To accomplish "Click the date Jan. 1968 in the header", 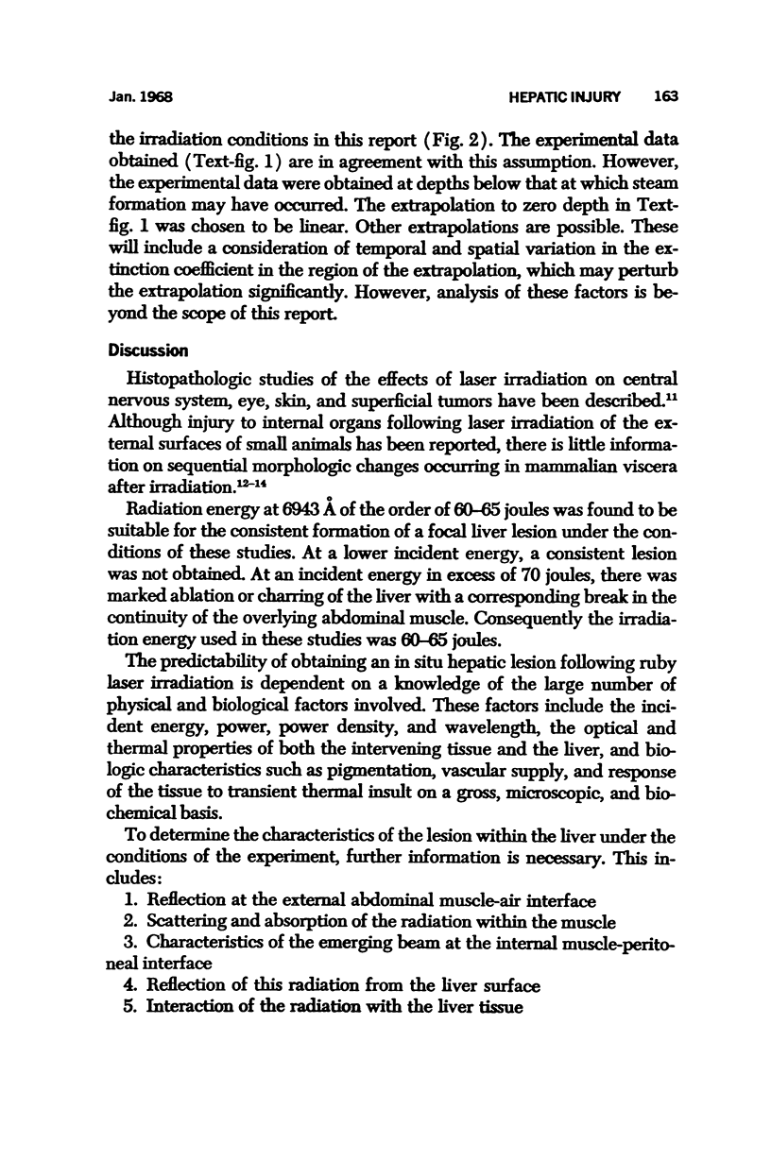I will click(x=139, y=97).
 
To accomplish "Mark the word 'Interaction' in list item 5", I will click(x=191, y=1007).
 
